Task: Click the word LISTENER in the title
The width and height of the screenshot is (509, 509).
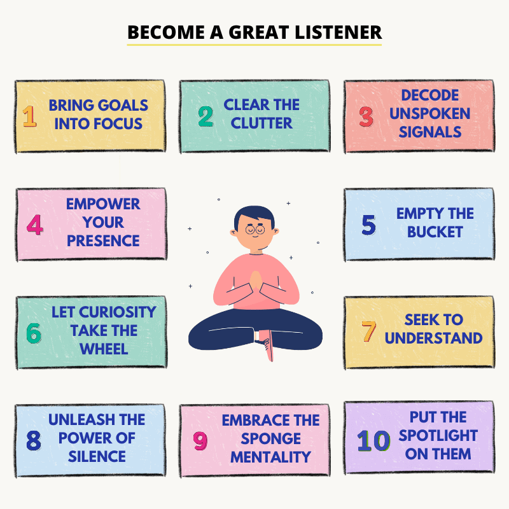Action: point(338,32)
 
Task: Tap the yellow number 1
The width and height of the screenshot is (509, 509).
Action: point(29,116)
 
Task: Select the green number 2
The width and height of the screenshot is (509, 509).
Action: point(206,116)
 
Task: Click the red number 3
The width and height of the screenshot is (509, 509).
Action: point(366,116)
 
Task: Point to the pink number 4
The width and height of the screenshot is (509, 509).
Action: point(35,225)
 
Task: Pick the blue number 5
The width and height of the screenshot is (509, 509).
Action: point(369,225)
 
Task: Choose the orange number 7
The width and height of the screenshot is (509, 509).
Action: point(369,331)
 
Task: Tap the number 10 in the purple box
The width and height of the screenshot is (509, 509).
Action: point(373,441)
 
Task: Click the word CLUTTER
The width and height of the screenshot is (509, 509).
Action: point(261,123)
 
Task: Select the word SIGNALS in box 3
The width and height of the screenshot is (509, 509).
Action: point(430,132)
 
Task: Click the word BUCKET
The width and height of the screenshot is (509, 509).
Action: point(435,232)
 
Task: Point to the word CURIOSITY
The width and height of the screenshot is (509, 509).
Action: point(118,312)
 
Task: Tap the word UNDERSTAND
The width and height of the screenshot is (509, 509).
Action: point(434,338)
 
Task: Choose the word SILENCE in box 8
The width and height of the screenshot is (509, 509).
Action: point(97,457)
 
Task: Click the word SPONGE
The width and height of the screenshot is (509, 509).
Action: point(271,439)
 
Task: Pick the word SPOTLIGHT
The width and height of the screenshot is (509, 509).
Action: point(438,436)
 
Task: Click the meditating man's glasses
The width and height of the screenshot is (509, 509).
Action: point(255,230)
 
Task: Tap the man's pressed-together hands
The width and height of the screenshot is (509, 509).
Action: point(256,280)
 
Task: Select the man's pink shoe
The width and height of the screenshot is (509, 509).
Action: point(268,345)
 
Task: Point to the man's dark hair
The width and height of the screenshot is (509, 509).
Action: point(254,215)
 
